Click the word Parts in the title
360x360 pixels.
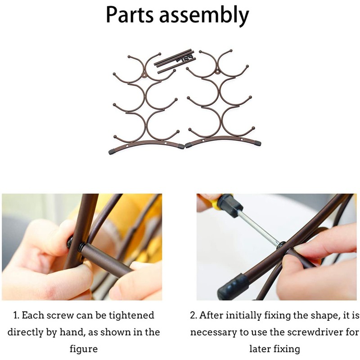[x=130, y=15]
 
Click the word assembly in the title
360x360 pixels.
[x=204, y=16]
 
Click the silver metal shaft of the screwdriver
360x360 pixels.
[x=260, y=228]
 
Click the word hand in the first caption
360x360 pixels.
[x=73, y=332]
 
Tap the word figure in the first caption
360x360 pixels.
[x=84, y=349]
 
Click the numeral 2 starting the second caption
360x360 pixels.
[x=193, y=315]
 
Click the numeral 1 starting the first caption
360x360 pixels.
[x=16, y=315]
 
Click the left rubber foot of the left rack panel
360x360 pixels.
[x=112, y=152]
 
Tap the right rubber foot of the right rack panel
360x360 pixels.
[x=257, y=144]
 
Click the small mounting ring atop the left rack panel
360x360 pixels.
[x=144, y=76]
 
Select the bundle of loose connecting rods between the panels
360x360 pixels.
[x=175, y=61]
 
